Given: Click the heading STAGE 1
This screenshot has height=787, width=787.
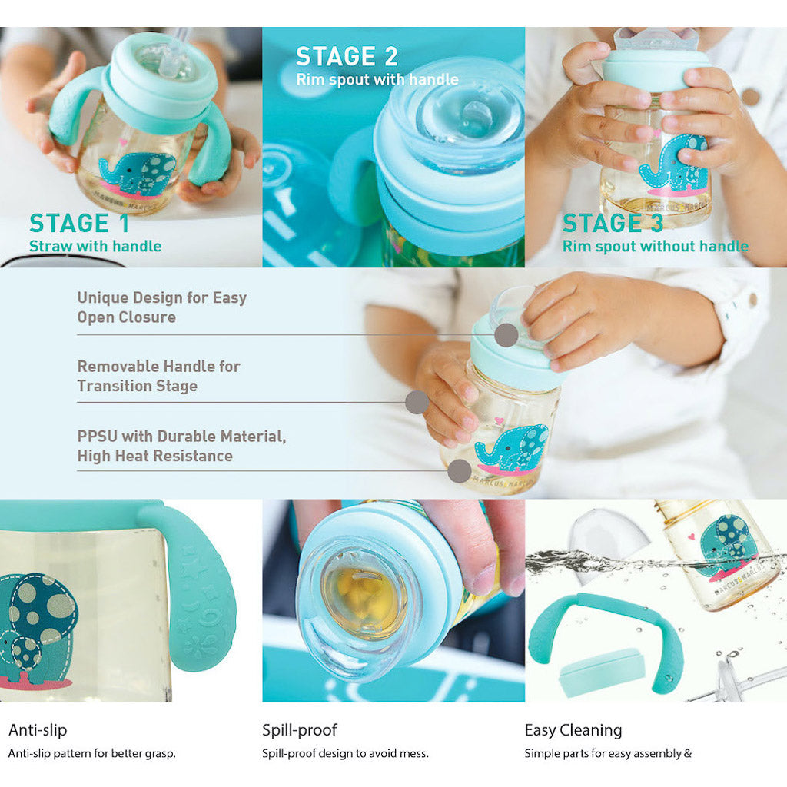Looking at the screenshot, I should pyautogui.click(x=79, y=223).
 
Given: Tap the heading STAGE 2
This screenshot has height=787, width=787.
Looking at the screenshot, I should pyautogui.click(x=347, y=56).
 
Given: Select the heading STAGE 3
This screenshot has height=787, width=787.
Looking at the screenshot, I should pyautogui.click(x=613, y=223).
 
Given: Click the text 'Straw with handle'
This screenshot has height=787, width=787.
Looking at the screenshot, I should pyautogui.click(x=95, y=247).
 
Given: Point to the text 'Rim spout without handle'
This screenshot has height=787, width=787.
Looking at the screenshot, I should pyautogui.click(x=655, y=247).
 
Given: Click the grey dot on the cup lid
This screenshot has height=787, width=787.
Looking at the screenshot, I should pyautogui.click(x=506, y=335).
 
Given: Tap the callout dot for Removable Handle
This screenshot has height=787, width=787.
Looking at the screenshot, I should pyautogui.click(x=417, y=402).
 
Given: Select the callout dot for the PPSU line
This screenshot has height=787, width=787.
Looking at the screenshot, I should pyautogui.click(x=459, y=471).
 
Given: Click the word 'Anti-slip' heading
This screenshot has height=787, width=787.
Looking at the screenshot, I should pyautogui.click(x=38, y=729).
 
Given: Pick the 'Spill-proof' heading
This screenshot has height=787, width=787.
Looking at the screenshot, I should pyautogui.click(x=300, y=729).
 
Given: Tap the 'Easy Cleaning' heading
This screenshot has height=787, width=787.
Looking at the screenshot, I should pyautogui.click(x=573, y=729).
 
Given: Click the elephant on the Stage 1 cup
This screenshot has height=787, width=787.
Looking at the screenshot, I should pyautogui.click(x=137, y=173).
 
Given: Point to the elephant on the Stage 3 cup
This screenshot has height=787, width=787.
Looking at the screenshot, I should pyautogui.click(x=676, y=164).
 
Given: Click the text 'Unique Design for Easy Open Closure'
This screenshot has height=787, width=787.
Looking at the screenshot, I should pyautogui.click(x=161, y=307).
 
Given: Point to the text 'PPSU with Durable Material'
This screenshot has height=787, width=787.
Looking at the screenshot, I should pyautogui.click(x=181, y=437).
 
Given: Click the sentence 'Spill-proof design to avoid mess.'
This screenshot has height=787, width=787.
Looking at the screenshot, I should pyautogui.click(x=345, y=754).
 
